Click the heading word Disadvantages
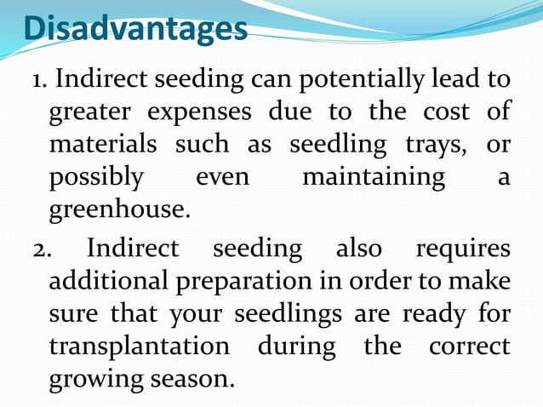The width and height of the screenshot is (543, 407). pyautogui.click(x=135, y=28)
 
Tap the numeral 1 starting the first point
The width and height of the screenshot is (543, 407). pyautogui.click(x=37, y=80)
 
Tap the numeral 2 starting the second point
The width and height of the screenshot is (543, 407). pyautogui.click(x=38, y=249)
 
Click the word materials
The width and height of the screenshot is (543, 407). pyautogui.click(x=102, y=145)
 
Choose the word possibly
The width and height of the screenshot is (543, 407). pyautogui.click(x=96, y=178)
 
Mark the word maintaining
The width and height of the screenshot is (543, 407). pyautogui.click(x=374, y=177)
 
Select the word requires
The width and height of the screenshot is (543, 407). pyautogui.click(x=462, y=250)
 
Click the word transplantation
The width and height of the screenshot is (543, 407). pyautogui.click(x=139, y=347)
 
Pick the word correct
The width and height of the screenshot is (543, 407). pyautogui.click(x=469, y=347)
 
